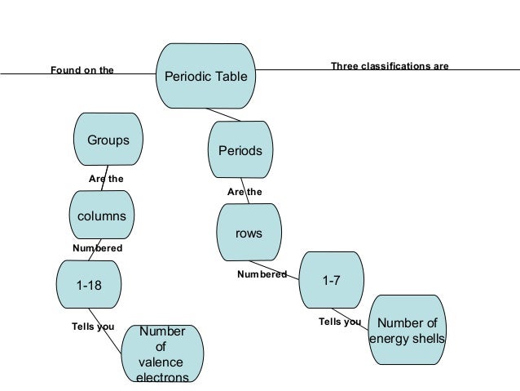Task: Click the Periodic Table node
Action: [207, 77]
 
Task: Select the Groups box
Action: [108, 140]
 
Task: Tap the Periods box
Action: [240, 151]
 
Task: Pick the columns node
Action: [101, 216]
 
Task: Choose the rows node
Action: [249, 233]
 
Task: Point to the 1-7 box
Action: [331, 281]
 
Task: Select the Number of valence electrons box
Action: [162, 354]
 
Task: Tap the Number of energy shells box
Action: [408, 331]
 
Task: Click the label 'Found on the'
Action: [82, 70]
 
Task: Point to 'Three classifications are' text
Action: [390, 65]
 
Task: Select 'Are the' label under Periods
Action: [245, 192]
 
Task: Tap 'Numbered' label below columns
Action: [98, 247]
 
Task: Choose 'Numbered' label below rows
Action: [262, 274]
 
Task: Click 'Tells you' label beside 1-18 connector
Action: [94, 327]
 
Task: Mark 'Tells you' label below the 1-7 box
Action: [339, 322]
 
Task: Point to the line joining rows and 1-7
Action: [277, 269]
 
